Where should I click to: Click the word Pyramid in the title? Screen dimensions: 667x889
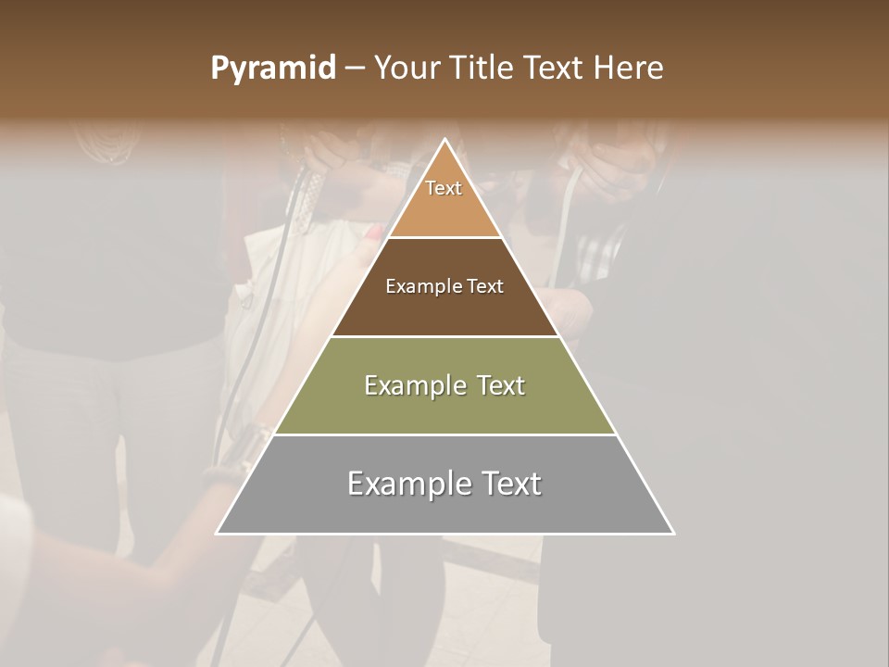point(272,69)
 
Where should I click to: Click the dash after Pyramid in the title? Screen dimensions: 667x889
point(354,69)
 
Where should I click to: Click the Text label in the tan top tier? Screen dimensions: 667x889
point(444,188)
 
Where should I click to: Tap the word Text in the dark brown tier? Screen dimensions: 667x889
point(485,286)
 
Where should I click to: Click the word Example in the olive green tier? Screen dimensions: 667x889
point(413,385)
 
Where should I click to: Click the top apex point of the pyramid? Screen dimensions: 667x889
point(444,140)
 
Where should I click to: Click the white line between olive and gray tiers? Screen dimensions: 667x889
point(444,434)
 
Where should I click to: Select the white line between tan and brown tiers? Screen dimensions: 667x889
point(444,237)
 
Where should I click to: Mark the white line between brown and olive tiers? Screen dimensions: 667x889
point(444,336)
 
